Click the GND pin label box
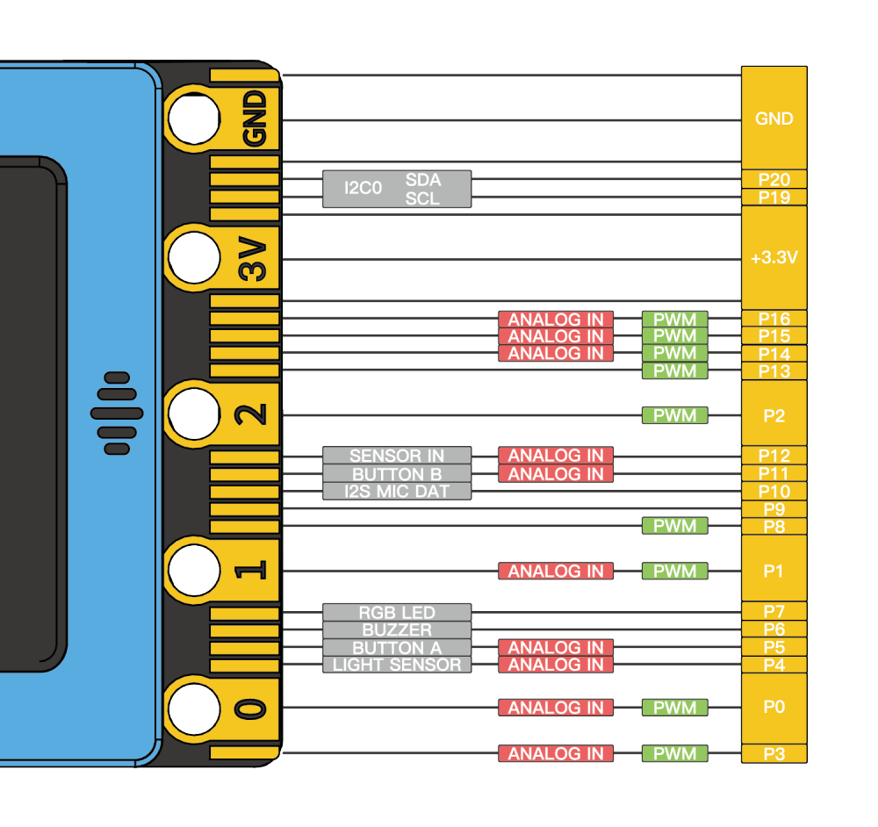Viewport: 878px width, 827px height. [x=774, y=119]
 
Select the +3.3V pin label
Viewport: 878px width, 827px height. [x=774, y=259]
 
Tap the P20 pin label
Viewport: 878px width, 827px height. [x=774, y=179]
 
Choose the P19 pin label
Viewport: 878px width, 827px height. [x=774, y=198]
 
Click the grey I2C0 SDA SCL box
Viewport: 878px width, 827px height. [x=397, y=189]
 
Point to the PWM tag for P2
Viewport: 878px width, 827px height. [x=675, y=414]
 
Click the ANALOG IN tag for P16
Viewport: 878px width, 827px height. [x=556, y=319]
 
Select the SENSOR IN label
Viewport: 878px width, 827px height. [x=397, y=456]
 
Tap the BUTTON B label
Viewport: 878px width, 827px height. [x=397, y=474]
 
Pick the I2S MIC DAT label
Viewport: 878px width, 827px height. [x=397, y=492]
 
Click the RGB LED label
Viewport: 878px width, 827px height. [x=397, y=612]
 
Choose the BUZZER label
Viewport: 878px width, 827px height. [x=397, y=629]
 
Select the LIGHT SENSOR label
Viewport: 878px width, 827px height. [x=397, y=665]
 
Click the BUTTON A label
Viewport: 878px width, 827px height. [x=397, y=647]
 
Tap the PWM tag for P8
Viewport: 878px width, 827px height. [x=675, y=526]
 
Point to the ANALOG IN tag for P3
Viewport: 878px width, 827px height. [x=556, y=753]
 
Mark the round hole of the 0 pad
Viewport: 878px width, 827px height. [x=194, y=708]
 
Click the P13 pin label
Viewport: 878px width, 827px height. [x=774, y=371]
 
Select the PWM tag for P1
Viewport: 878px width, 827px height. [x=675, y=572]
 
